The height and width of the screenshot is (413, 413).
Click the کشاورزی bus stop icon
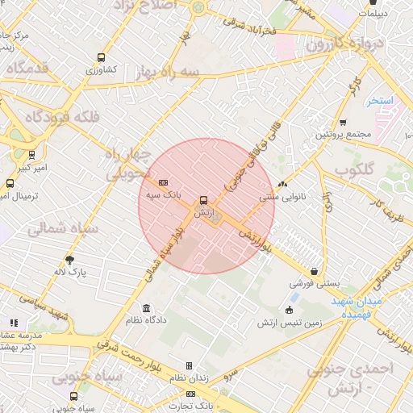click(x=101, y=57)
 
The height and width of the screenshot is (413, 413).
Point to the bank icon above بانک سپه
click(x=163, y=182)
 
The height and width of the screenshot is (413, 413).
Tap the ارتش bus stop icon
click(x=202, y=199)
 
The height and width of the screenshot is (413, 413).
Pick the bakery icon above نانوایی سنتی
click(x=282, y=183)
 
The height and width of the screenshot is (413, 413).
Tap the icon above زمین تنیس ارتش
click(x=290, y=311)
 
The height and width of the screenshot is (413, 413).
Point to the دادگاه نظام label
click(x=145, y=320)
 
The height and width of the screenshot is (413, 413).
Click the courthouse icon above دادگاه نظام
click(x=146, y=307)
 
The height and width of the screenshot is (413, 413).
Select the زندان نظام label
click(x=191, y=378)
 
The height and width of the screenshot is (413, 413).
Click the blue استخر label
click(x=378, y=101)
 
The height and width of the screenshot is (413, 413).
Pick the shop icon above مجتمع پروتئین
click(x=343, y=122)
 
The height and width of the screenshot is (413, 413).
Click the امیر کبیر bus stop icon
click(x=31, y=154)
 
